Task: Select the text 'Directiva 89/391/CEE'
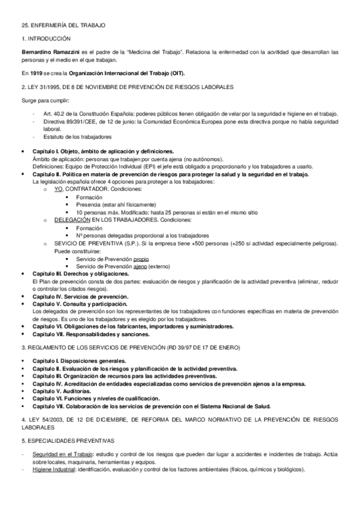tap(75, 121)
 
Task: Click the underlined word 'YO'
tap(58, 189)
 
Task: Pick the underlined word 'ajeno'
tap(140, 266)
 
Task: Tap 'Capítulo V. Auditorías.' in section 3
tap(62, 390)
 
